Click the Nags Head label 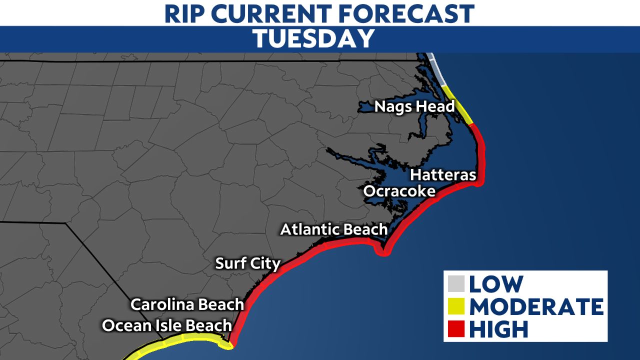click(414, 106)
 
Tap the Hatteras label click(442, 175)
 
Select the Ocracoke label click(399, 191)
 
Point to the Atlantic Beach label click(333, 229)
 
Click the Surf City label click(247, 263)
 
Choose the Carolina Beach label click(187, 304)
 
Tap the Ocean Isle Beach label click(167, 325)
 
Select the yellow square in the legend click(457, 306)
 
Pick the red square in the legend click(457, 329)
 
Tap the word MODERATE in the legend click(535, 306)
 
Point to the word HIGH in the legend click(498, 329)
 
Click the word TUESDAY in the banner click(313, 39)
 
